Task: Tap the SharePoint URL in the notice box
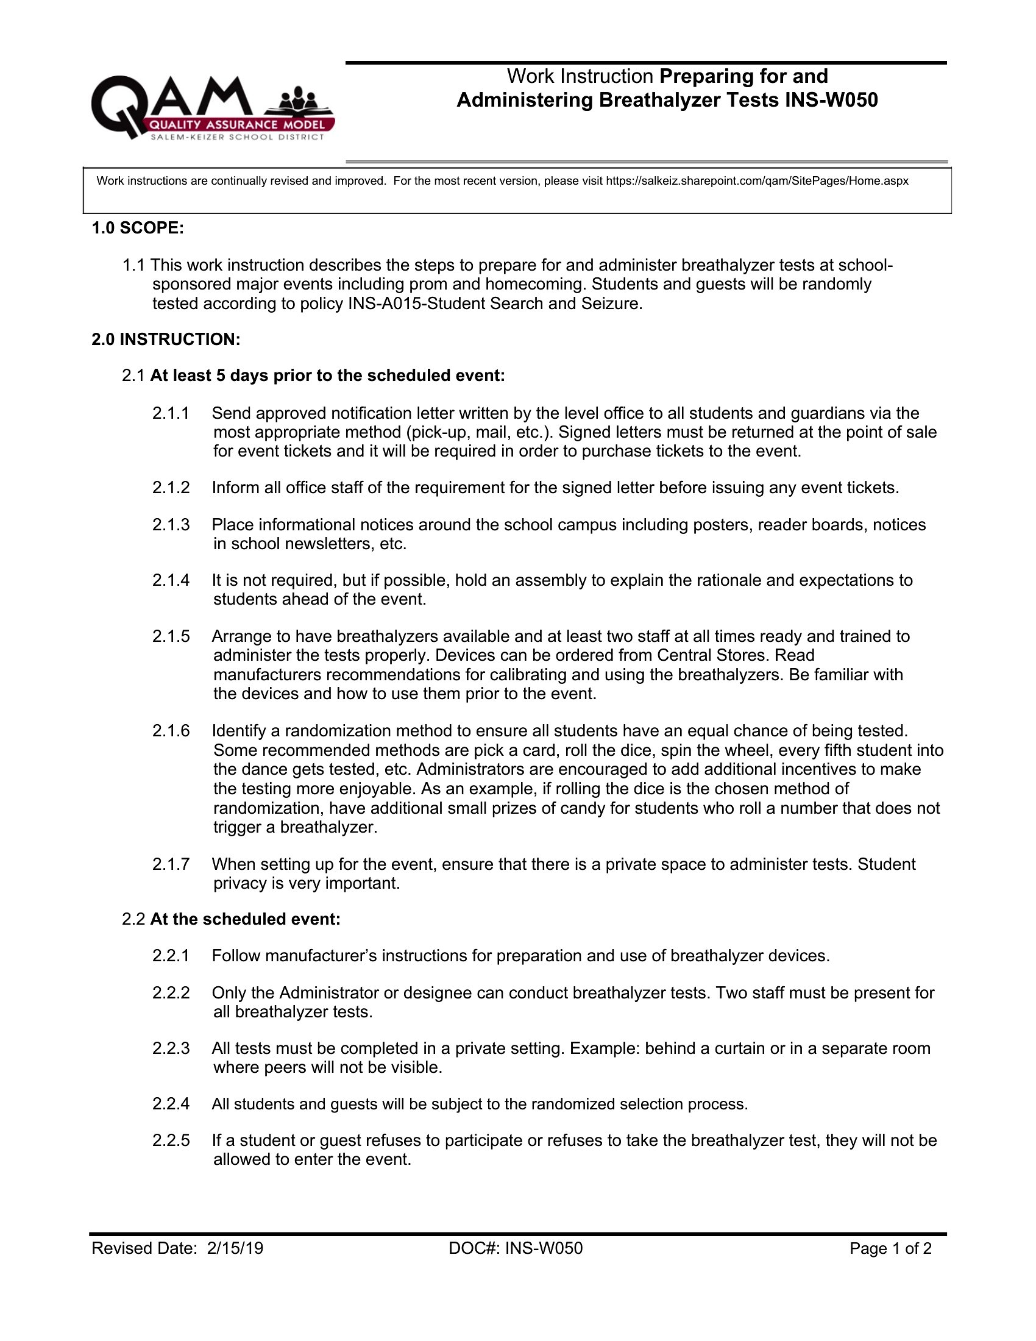(x=757, y=181)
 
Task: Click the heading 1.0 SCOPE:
(x=138, y=228)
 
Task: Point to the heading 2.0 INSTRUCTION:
(x=166, y=339)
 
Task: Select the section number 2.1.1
(x=171, y=413)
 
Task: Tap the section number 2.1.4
(x=171, y=580)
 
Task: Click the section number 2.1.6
(x=171, y=731)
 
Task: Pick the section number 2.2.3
(x=171, y=1048)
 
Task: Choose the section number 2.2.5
(x=171, y=1140)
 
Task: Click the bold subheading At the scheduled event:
(x=245, y=919)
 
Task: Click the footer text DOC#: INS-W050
(x=516, y=1248)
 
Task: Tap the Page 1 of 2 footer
(x=890, y=1248)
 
